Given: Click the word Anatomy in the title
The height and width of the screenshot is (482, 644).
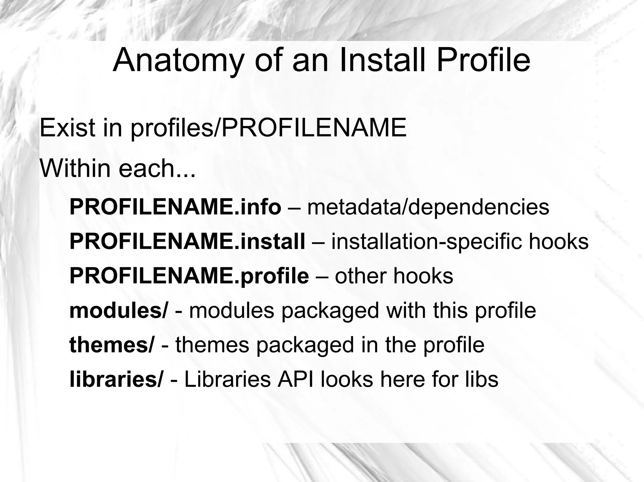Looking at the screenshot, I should click(x=178, y=60).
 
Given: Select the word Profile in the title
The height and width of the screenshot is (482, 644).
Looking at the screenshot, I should click(x=483, y=60).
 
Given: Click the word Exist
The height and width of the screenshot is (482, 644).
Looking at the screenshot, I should click(x=67, y=128).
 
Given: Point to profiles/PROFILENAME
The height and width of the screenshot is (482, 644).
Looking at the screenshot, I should click(x=268, y=128).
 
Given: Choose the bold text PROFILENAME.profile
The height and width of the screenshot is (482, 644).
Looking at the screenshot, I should click(x=189, y=276).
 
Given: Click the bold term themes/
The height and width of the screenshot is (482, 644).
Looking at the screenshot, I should click(x=112, y=344).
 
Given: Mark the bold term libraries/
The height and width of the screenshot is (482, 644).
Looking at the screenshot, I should click(x=116, y=379).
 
